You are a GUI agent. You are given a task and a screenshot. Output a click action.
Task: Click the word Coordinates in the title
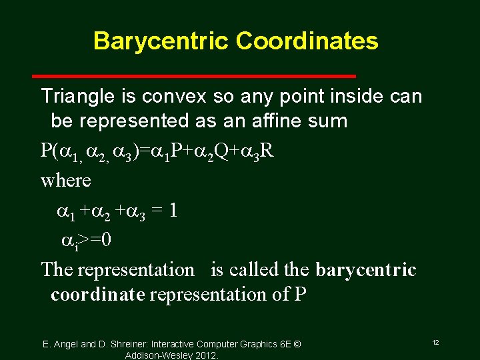click(x=307, y=41)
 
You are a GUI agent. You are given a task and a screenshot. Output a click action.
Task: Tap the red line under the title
click(x=224, y=76)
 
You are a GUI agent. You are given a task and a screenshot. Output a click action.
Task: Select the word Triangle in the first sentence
click(x=74, y=97)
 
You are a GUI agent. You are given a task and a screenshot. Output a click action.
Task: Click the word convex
click(x=177, y=97)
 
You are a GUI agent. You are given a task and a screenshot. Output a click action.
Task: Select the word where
click(x=65, y=180)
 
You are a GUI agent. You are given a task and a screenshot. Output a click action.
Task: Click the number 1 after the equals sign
click(x=172, y=211)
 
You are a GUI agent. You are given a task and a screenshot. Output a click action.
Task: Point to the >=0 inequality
click(x=95, y=239)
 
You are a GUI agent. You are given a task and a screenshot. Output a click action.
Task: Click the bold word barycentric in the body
click(x=365, y=270)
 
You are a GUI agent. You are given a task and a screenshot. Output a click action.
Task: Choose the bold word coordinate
click(x=97, y=295)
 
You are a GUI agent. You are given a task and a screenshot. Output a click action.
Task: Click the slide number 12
click(x=435, y=342)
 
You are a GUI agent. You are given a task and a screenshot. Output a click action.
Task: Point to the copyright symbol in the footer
click(x=297, y=344)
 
